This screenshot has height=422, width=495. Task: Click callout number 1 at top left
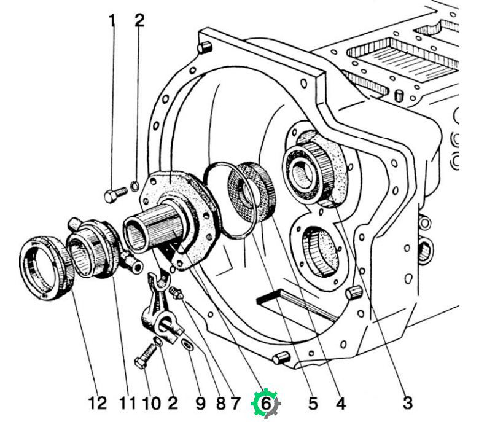coord(112,21)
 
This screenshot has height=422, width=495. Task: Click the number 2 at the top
coord(139,20)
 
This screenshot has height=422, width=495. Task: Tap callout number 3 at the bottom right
coord(408,403)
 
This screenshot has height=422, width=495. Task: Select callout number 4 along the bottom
coord(341,404)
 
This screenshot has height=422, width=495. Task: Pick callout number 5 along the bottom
coord(313,404)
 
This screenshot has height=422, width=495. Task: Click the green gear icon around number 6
coord(265,404)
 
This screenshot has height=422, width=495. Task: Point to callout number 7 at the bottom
coord(235,404)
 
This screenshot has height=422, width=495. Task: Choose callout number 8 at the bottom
coord(221,404)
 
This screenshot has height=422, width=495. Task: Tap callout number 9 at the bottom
coord(200,404)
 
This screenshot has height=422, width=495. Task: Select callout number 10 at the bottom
coord(152,404)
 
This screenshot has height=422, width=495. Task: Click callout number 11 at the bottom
coord(128,404)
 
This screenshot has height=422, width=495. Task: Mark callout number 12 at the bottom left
coord(98,404)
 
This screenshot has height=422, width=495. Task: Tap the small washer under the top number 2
coord(134,186)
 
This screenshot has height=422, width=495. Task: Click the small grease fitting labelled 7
coord(176,292)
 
